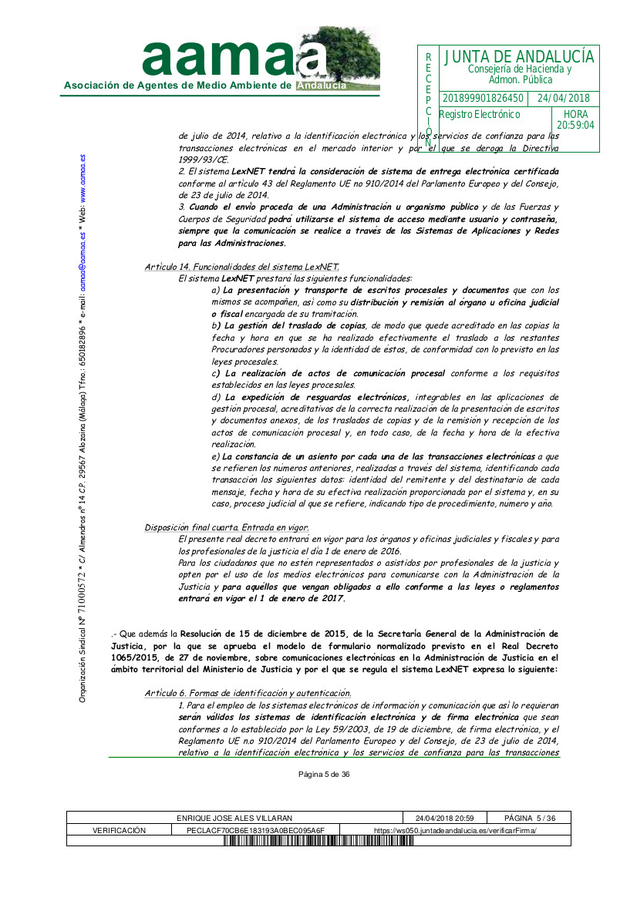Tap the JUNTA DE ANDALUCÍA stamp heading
click(x=519, y=57)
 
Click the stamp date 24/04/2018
click(x=563, y=99)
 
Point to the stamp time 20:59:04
click(x=575, y=125)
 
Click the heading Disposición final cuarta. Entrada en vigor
click(x=227, y=527)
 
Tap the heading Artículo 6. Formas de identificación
click(x=248, y=693)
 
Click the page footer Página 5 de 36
click(x=324, y=775)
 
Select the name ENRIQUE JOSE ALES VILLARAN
click(x=234, y=818)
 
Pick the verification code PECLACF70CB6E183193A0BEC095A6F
click(x=256, y=830)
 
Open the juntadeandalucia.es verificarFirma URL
click(x=455, y=830)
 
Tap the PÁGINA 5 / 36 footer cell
click(x=530, y=818)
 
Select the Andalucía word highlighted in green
click(x=322, y=86)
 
